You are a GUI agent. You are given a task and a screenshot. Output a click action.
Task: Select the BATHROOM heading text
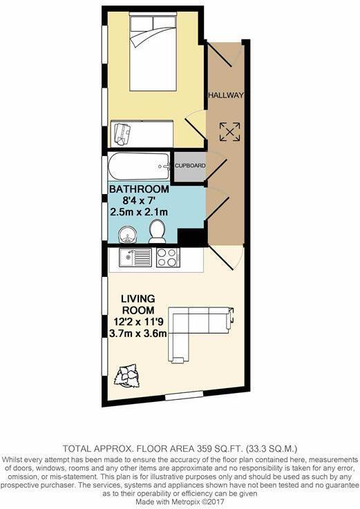click(138, 189)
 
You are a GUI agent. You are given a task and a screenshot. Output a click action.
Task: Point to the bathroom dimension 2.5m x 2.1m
click(138, 212)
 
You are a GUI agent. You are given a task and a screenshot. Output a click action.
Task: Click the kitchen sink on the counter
click(135, 258)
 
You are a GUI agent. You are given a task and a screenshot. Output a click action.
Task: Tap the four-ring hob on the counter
click(168, 258)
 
